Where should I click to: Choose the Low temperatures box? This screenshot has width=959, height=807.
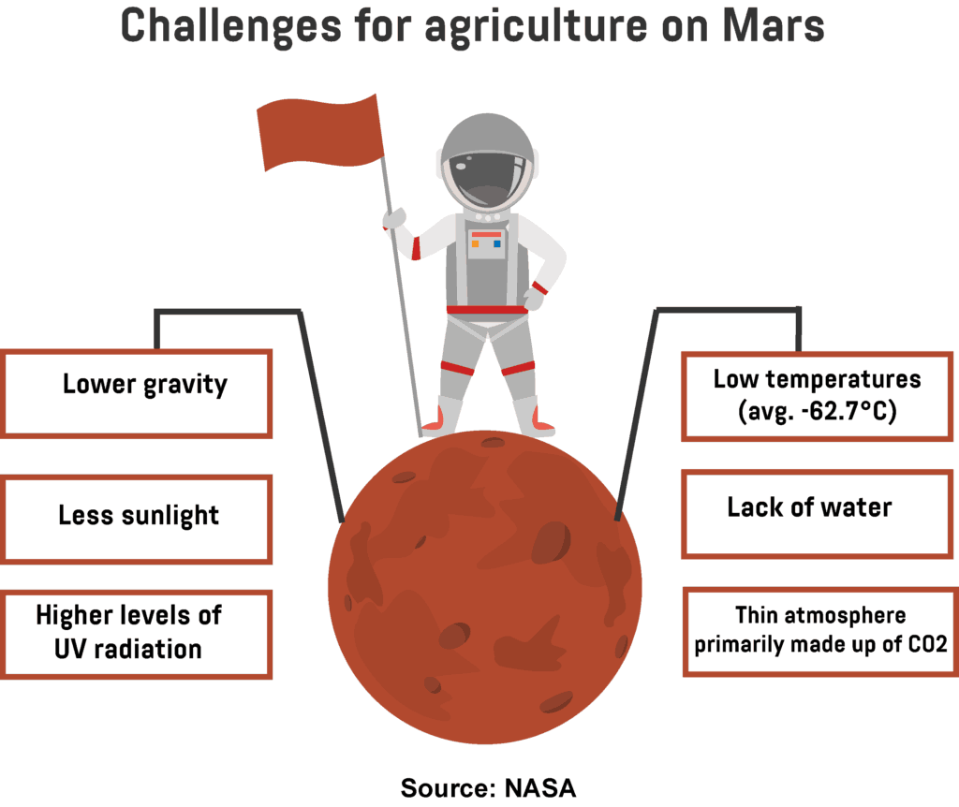tap(817, 395)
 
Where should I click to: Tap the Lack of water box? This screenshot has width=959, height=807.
tap(817, 515)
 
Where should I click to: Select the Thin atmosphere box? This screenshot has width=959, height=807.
tap(817, 632)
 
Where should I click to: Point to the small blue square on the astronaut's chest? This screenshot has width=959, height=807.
tap(496, 243)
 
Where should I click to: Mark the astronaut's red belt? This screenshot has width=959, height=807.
tap(487, 310)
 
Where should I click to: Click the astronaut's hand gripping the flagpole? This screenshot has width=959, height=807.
tap(395, 218)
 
